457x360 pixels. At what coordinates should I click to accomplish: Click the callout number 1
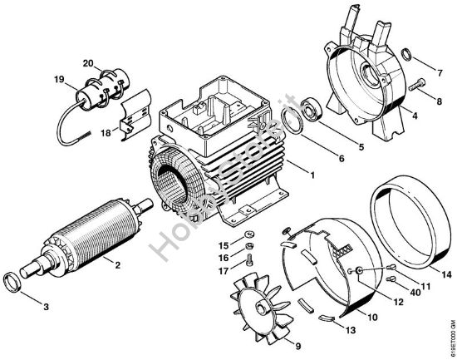tap(312, 175)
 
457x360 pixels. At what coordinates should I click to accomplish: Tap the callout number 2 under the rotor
tap(117, 265)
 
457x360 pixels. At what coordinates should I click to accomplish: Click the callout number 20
tap(88, 63)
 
